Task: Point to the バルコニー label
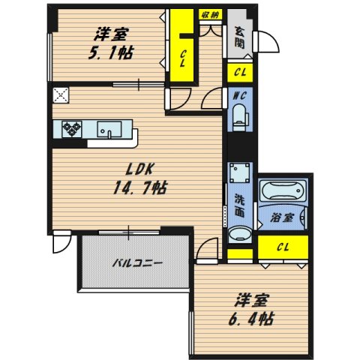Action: (x=139, y=264)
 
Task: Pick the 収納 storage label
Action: (x=210, y=13)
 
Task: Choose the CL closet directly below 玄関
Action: (x=240, y=73)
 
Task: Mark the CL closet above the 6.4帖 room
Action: (x=283, y=246)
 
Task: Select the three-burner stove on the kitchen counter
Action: (x=72, y=129)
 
